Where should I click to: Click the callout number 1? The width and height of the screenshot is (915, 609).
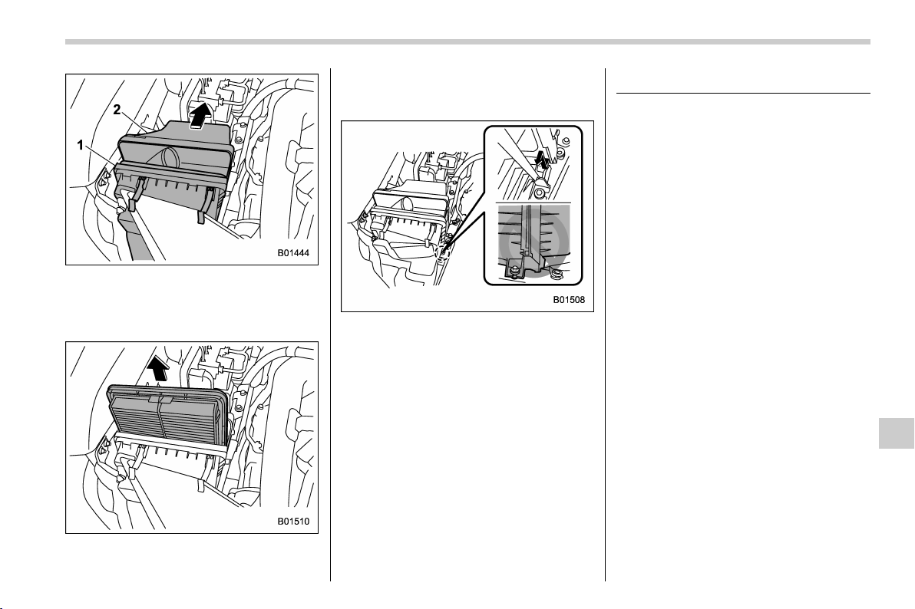click(x=81, y=145)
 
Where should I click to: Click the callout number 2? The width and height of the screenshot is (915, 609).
click(x=117, y=110)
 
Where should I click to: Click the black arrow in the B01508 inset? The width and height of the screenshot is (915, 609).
click(x=542, y=159)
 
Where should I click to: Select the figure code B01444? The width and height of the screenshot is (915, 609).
click(x=293, y=254)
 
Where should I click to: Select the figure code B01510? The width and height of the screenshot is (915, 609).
click(x=293, y=522)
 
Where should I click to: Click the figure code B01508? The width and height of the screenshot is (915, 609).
click(x=569, y=301)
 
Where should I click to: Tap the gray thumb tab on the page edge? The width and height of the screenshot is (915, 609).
click(x=897, y=433)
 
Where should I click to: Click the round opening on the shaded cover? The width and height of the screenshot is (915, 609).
click(x=168, y=157)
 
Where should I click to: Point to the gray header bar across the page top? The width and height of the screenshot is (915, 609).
click(x=467, y=42)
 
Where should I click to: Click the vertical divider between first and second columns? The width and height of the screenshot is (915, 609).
click(x=330, y=325)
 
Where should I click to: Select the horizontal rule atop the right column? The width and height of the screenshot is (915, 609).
click(x=743, y=93)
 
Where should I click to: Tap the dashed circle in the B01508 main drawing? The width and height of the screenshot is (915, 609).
click(x=441, y=252)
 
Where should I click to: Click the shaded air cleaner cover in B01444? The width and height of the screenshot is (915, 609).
click(x=175, y=148)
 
